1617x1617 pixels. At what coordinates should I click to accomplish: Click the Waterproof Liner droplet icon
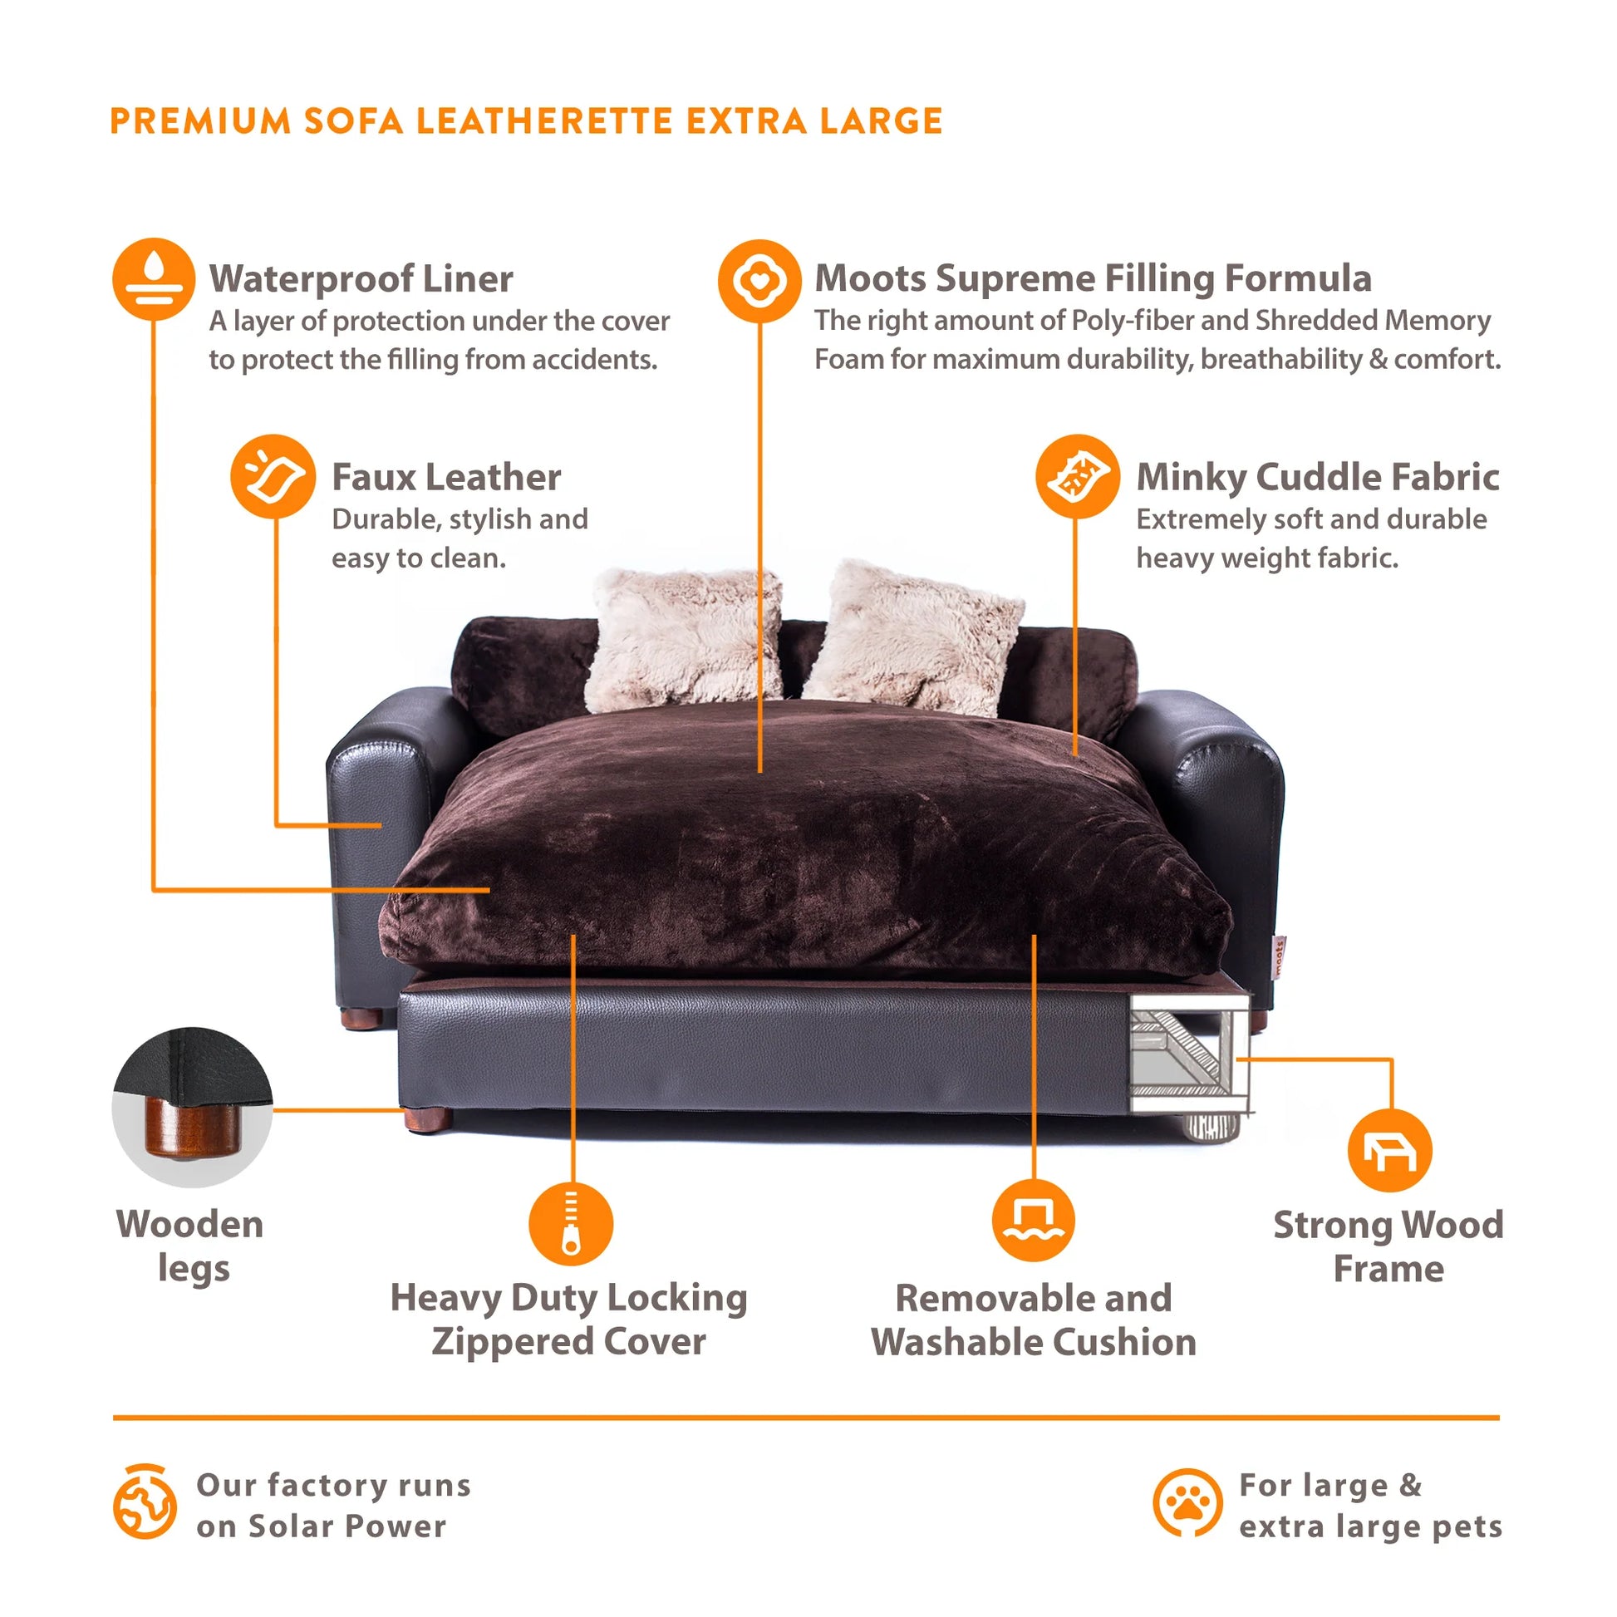click(x=154, y=279)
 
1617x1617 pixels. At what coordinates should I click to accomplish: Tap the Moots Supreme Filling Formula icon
click(x=759, y=281)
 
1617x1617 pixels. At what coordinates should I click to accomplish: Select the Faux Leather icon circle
click(x=273, y=476)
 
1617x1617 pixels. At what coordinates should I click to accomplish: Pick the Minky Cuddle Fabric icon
click(x=1077, y=476)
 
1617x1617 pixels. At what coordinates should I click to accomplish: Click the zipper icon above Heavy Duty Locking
click(x=571, y=1224)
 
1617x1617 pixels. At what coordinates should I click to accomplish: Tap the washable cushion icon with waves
click(x=1034, y=1221)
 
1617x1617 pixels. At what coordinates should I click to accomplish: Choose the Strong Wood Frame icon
click(x=1389, y=1151)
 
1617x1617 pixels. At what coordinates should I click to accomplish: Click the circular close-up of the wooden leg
click(x=193, y=1107)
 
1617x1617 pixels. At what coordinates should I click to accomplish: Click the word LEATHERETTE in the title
click(x=544, y=121)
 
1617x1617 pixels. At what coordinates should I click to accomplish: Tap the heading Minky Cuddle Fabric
click(x=1317, y=477)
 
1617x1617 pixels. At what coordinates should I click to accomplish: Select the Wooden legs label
click(x=191, y=1246)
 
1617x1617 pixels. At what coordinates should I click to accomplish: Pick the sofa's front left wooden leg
click(x=428, y=1118)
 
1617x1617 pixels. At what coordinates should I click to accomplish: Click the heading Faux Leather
click(x=446, y=477)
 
